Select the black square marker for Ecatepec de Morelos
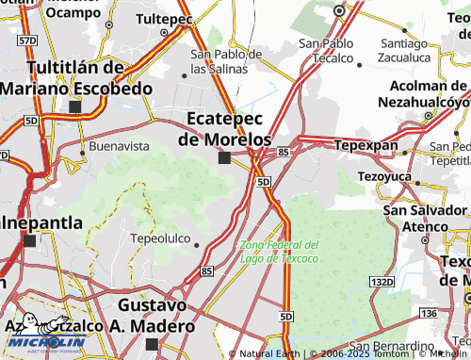(x=224, y=157)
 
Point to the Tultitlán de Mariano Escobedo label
(x=76, y=78)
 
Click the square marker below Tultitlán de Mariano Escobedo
(x=74, y=106)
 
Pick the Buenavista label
(x=119, y=146)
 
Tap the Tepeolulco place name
(x=160, y=238)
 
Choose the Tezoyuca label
(x=385, y=176)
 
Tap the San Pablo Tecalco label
(x=326, y=50)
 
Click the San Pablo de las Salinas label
(x=226, y=61)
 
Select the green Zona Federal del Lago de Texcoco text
(x=279, y=251)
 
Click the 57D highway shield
(x=27, y=41)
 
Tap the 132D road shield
(x=382, y=282)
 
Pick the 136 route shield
(x=429, y=313)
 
